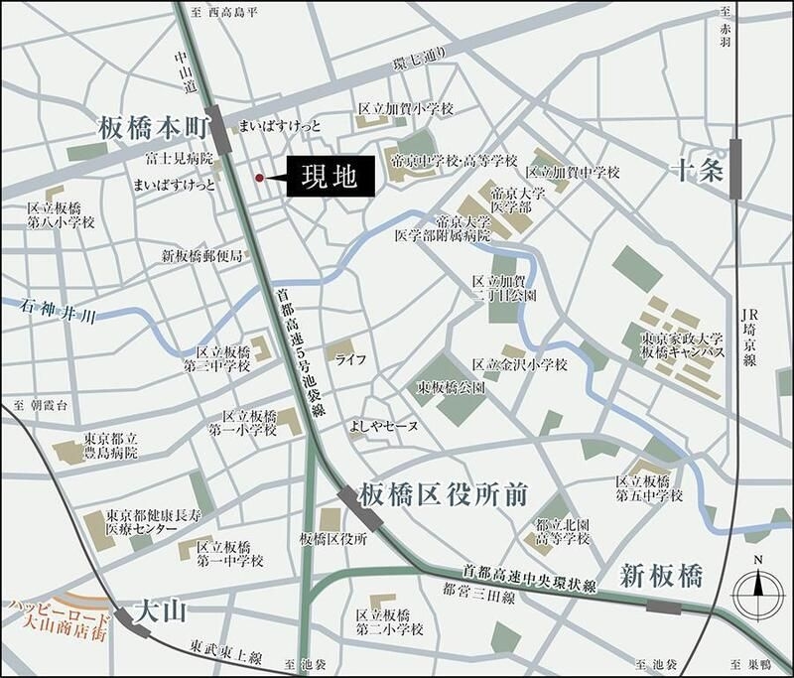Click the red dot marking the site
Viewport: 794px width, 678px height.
[259, 179]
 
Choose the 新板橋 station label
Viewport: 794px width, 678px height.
[661, 575]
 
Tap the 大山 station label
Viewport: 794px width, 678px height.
[160, 607]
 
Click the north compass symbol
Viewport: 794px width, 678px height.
[757, 593]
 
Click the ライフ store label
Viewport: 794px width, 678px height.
[352, 357]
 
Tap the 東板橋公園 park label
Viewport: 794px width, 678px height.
[451, 388]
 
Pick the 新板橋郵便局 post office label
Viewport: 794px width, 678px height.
[202, 256]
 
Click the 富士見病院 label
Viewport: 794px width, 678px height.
[180, 159]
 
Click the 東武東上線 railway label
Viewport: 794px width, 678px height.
[228, 658]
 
